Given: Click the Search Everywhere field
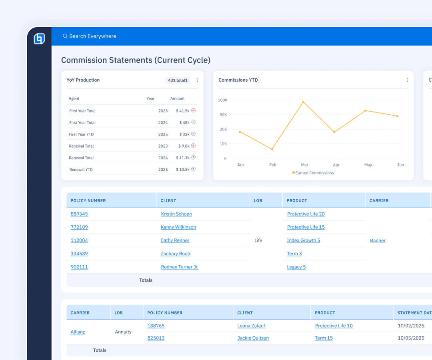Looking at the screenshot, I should (93, 36).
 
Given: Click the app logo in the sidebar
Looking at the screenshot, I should (39, 39).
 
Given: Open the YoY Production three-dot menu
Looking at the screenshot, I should (197, 80).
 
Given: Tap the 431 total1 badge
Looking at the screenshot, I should (178, 80).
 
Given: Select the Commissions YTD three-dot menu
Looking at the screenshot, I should (407, 80).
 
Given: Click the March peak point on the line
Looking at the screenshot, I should (303, 102).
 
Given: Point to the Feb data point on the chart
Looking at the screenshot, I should (272, 149).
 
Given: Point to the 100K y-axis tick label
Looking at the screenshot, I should (222, 100).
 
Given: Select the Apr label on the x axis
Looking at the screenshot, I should (336, 165).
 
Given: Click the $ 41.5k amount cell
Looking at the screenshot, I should (183, 111).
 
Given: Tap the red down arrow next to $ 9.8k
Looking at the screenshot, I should (193, 146).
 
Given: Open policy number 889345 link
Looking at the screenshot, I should (79, 214).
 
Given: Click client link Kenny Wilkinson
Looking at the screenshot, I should (178, 227).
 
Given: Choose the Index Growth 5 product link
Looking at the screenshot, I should (304, 240).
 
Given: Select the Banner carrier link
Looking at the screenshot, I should (378, 240).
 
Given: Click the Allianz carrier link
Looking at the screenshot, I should (78, 332).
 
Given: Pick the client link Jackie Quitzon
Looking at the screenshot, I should (253, 338).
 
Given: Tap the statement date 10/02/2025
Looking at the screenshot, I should (411, 326).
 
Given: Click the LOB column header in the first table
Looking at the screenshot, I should (258, 200).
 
